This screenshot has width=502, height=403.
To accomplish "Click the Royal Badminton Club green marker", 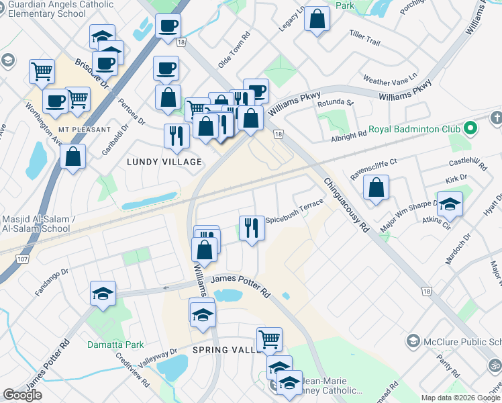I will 471,127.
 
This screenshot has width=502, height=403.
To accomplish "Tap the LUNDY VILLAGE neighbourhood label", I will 164,163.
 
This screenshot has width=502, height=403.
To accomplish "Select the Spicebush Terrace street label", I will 295,211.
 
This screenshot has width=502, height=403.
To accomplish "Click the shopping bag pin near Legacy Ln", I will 317,19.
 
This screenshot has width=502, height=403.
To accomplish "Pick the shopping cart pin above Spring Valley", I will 269,340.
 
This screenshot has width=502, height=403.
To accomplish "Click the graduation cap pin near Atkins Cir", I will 450,204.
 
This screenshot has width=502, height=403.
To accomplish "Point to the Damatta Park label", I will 115,345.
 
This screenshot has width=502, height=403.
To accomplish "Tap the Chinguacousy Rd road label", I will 346,206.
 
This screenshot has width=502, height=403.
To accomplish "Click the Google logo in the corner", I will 23,395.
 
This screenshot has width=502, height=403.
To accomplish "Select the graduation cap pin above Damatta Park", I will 103,294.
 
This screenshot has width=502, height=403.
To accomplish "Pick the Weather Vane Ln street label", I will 390,79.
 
